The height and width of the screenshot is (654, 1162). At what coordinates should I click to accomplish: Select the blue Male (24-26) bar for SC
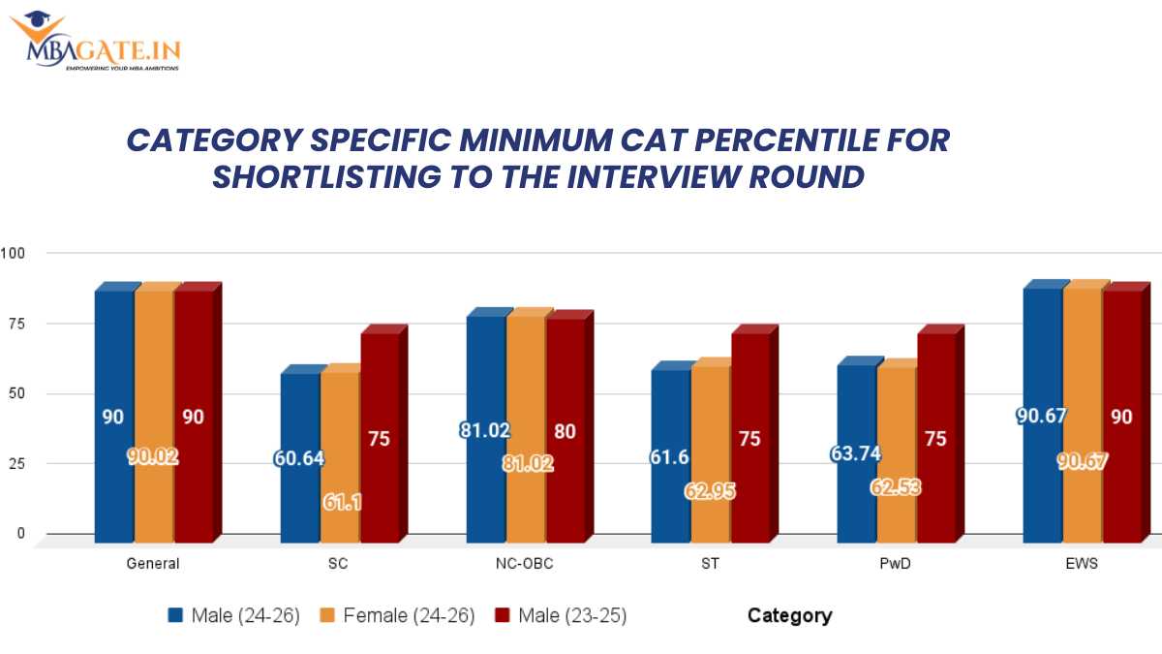pos(299,455)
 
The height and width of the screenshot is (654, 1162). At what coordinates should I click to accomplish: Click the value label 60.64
pos(299,456)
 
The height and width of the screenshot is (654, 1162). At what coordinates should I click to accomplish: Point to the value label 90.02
pos(154,456)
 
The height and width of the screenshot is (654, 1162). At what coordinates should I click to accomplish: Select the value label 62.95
pos(711,491)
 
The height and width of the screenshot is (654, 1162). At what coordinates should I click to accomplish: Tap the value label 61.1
pos(340,502)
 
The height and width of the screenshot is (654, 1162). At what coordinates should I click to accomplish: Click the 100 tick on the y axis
pos(13,253)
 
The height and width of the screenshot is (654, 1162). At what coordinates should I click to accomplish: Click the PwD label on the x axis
pos(896,564)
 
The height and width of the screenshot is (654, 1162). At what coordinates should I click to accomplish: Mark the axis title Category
pos(789,615)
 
